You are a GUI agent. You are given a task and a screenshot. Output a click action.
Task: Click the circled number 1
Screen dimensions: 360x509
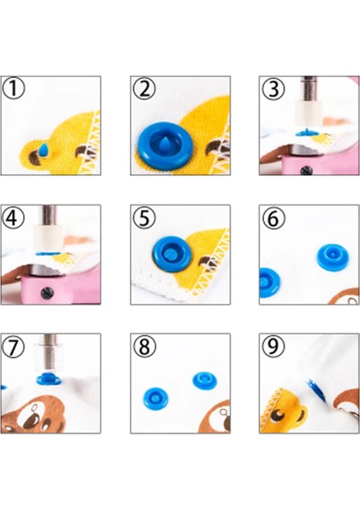pos(14,88)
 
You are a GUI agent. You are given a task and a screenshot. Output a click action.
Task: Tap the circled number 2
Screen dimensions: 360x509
pos(144,88)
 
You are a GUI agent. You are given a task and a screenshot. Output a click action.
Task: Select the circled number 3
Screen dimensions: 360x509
pos(273,88)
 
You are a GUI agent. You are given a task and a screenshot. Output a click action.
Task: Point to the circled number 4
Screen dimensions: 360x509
pos(14,217)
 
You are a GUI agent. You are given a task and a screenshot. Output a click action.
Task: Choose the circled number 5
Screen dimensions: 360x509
pos(144,217)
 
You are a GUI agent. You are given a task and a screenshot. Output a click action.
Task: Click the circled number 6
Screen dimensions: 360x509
pos(273,217)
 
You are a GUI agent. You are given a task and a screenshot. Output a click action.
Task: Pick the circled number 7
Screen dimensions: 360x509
pos(14,346)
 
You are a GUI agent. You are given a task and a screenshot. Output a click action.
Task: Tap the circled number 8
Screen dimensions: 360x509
pos(144,346)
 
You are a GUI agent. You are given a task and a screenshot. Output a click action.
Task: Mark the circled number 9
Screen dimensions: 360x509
pos(273,346)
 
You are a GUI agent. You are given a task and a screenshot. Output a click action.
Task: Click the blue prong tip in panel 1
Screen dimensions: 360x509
pos(44,149)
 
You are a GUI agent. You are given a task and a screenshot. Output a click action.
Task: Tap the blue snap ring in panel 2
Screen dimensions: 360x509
pos(164,147)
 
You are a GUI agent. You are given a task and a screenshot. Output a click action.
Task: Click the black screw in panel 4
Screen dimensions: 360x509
pos(48,294)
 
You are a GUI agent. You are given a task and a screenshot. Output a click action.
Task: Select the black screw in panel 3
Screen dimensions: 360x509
pos(306,171)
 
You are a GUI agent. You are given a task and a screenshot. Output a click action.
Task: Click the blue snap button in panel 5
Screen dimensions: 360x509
pos(171,254)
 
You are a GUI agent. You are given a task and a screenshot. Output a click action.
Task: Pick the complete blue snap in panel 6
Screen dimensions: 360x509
pos(332,257)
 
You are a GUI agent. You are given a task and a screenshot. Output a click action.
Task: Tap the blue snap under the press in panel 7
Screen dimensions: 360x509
pos(48,379)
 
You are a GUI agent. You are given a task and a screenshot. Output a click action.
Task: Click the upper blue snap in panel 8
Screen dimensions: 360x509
pos(205,381)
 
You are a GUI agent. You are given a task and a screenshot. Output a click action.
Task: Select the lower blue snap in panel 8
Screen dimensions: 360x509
pos(155,398)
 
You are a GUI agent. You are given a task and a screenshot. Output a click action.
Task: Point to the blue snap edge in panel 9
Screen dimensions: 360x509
pos(316,390)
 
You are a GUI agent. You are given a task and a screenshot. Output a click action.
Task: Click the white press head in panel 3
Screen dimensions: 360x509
pos(308,115)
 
